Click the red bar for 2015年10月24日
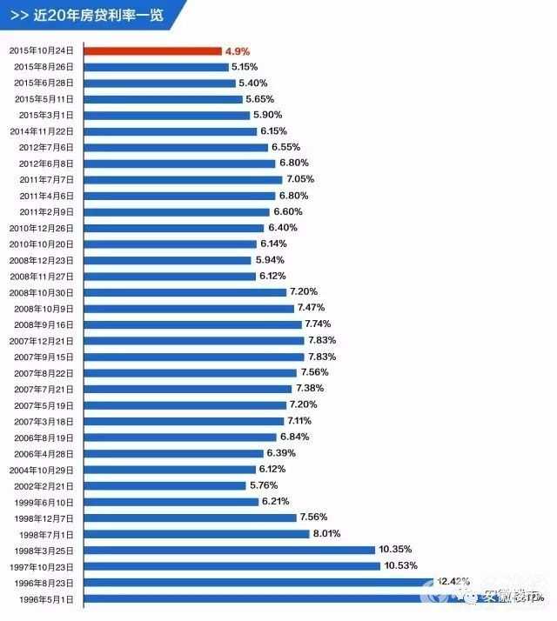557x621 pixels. pos(153,51)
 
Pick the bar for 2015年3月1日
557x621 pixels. pos(167,115)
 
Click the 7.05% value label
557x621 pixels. pos(291,179)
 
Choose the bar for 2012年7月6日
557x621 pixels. pos(177,147)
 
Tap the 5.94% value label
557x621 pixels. pos(270,259)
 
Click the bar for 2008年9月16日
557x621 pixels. pos(194,324)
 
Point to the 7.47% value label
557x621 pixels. pos(312,308)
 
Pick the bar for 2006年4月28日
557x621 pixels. pos(175,453)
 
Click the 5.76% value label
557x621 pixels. pos(264,484)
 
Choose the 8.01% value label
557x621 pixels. pos(326,533)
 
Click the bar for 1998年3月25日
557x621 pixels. pos(230,550)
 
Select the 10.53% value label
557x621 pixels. pos(400,565)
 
